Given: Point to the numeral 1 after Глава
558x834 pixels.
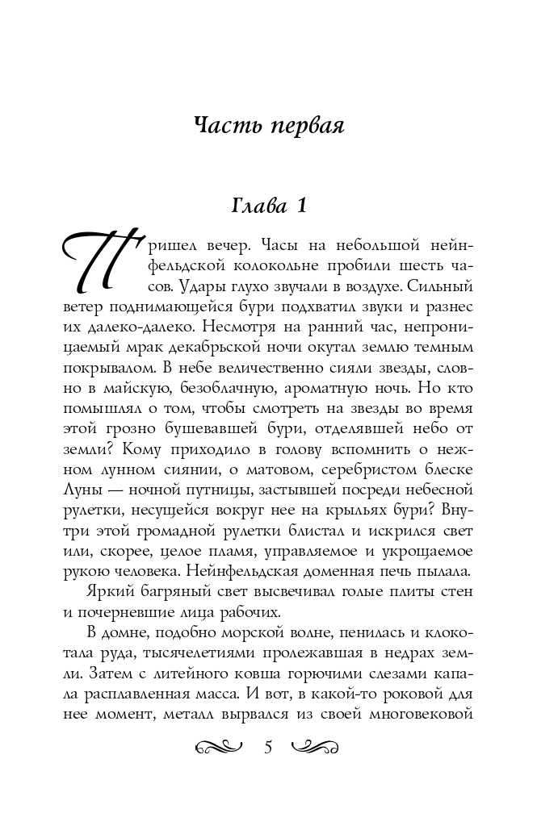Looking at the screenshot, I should click(x=300, y=206).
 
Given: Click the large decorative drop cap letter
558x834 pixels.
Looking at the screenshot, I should click(x=95, y=265).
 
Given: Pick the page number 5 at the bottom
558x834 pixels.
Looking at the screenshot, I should click(x=268, y=747).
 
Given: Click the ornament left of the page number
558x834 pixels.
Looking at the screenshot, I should click(x=219, y=748).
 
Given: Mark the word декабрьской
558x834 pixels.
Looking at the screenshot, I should click(x=264, y=349).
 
